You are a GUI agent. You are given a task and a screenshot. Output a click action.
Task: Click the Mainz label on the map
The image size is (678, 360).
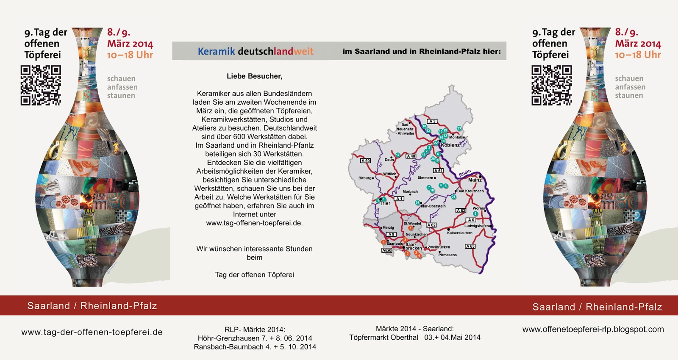[475, 180]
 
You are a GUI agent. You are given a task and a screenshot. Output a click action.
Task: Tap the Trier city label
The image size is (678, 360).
[385, 203]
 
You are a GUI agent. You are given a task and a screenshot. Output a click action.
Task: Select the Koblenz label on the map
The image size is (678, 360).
[450, 145]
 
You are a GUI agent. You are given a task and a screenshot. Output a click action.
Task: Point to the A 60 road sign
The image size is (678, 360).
[365, 161]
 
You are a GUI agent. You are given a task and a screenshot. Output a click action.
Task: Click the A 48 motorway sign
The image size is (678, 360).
[411, 156]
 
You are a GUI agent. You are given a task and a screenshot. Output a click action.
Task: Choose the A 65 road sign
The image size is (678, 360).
[470, 246]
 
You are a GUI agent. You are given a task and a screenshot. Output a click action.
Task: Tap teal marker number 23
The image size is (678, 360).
[459, 128]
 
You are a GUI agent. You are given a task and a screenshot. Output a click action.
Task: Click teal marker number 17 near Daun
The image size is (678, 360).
[398, 155]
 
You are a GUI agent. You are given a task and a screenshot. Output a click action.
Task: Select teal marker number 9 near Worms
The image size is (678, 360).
[475, 213]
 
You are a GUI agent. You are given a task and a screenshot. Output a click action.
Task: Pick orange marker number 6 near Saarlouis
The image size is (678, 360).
[383, 242]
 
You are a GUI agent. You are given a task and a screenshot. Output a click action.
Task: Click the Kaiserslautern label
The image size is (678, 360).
[459, 233]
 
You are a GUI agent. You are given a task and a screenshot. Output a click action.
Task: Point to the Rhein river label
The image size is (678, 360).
[465, 173]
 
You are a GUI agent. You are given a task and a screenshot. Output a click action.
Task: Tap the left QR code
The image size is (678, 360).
[41, 85]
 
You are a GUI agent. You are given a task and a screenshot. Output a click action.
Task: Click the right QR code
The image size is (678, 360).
[552, 85]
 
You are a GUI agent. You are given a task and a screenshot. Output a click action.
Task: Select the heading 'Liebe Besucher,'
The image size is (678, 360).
[254, 76]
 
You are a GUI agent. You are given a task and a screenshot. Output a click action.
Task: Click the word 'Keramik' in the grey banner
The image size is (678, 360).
[216, 52]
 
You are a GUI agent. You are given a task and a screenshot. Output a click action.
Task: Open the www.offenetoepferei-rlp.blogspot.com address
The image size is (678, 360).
[593, 329]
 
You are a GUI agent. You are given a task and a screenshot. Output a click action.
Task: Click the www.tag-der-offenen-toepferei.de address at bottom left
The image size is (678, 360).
[92, 332]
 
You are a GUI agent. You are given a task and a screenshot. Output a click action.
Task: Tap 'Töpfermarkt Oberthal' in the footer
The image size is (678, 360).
[383, 337]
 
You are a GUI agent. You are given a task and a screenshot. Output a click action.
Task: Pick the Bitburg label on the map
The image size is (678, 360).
[365, 178]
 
